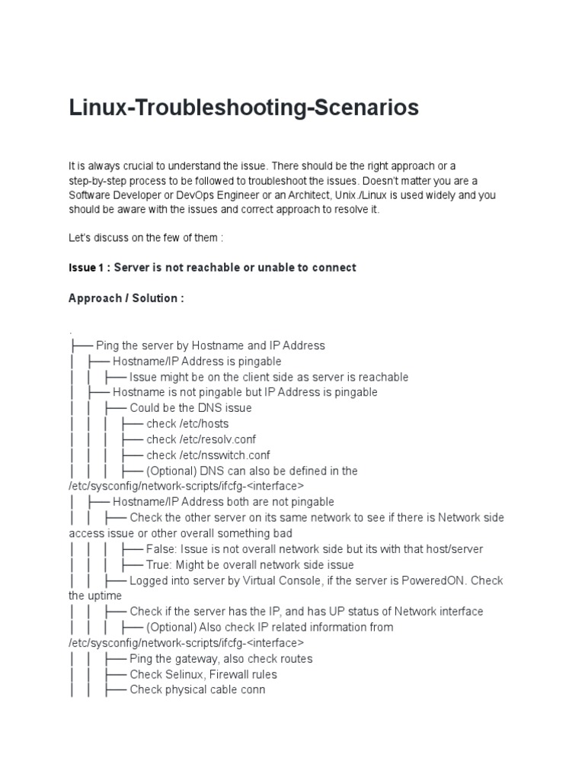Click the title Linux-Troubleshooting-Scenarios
click(x=244, y=108)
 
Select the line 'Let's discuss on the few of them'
click(x=145, y=238)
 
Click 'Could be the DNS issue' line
click(x=190, y=408)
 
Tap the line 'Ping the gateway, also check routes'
click(x=221, y=659)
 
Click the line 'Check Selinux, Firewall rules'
click(x=203, y=674)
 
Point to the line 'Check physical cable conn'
click(x=197, y=690)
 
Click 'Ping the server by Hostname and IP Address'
click(x=210, y=346)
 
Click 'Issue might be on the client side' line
click(x=269, y=377)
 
